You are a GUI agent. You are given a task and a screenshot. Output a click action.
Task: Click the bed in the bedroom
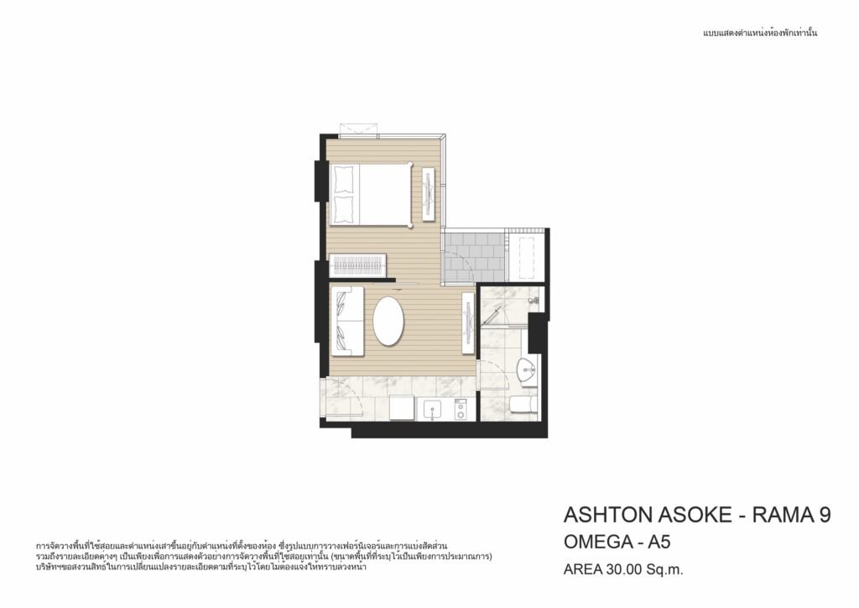point(371,194)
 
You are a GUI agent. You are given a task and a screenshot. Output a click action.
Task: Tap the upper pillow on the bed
point(344,178)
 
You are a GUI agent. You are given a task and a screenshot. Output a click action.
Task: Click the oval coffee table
point(388,321)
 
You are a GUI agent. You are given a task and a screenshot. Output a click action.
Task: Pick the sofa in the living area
point(347,321)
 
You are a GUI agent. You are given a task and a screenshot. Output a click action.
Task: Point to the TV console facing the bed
point(429,194)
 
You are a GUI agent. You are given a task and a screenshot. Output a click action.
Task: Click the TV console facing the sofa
point(468,323)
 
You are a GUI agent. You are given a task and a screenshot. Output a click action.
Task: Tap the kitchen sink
point(434,409)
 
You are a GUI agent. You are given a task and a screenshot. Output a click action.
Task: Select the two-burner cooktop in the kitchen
point(461,410)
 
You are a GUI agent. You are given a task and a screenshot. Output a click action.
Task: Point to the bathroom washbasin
point(528,370)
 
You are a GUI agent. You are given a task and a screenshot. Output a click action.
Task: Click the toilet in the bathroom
point(523,405)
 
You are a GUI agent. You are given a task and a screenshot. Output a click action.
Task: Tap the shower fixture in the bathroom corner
point(534,301)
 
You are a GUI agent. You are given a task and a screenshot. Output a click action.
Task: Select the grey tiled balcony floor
point(473,256)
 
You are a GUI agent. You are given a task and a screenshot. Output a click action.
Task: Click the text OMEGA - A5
point(617,542)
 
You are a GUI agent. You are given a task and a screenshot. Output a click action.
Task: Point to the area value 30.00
point(623,569)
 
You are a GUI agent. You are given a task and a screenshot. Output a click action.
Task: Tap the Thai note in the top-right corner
point(760,33)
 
